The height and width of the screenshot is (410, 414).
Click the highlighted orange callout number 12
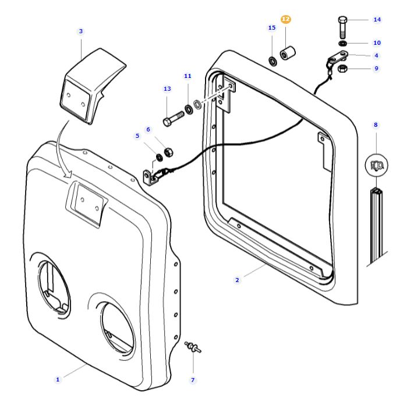pyautogui.click(x=285, y=19)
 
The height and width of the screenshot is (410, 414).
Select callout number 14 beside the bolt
pyautogui.click(x=377, y=19)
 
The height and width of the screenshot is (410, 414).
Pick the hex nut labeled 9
pyautogui.click(x=344, y=69)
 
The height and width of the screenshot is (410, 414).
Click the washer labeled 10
pyautogui.click(x=343, y=44)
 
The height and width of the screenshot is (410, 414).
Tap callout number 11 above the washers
pyautogui.click(x=187, y=76)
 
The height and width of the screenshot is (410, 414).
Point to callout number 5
pyautogui.click(x=137, y=136)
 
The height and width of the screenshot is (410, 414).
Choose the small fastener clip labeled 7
pyautogui.click(x=192, y=348)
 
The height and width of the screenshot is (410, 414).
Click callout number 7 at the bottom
pyautogui.click(x=193, y=380)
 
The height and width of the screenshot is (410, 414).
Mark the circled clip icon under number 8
pyautogui.click(x=376, y=165)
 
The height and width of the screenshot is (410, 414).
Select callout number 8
pyautogui.click(x=376, y=124)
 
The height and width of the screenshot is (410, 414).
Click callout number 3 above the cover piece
pyautogui.click(x=80, y=31)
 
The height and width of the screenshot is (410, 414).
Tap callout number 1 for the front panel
pyautogui.click(x=58, y=379)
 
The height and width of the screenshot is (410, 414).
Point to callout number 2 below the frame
pyautogui.click(x=237, y=280)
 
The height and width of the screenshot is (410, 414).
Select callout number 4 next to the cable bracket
pyautogui.click(x=376, y=56)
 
